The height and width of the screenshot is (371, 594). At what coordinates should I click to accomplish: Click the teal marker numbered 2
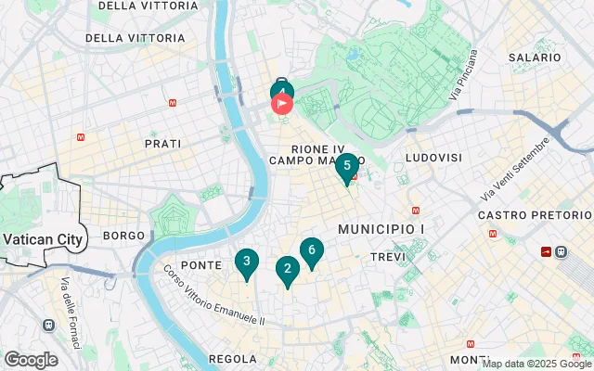click(287, 270)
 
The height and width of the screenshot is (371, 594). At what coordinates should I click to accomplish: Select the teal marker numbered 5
click(347, 167)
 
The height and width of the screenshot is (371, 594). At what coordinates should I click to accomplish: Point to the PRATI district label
click(163, 144)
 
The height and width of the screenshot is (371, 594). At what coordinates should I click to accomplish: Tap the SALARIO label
click(536, 58)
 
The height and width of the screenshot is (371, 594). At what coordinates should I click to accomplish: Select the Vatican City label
click(44, 239)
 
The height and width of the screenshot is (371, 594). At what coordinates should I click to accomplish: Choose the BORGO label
click(124, 236)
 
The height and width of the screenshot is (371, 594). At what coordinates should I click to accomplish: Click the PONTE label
click(201, 265)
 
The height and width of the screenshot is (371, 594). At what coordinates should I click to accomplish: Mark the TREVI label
click(388, 256)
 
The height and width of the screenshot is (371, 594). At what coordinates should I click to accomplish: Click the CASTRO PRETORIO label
click(535, 215)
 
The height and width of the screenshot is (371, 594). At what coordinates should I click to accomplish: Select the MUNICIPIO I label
click(381, 228)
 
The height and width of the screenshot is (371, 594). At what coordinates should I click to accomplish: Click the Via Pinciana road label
click(467, 75)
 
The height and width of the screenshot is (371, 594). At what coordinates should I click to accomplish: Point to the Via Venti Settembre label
click(517, 168)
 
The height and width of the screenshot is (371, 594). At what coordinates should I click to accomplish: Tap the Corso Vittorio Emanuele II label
click(214, 297)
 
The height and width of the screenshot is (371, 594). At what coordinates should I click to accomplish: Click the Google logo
click(31, 360)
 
